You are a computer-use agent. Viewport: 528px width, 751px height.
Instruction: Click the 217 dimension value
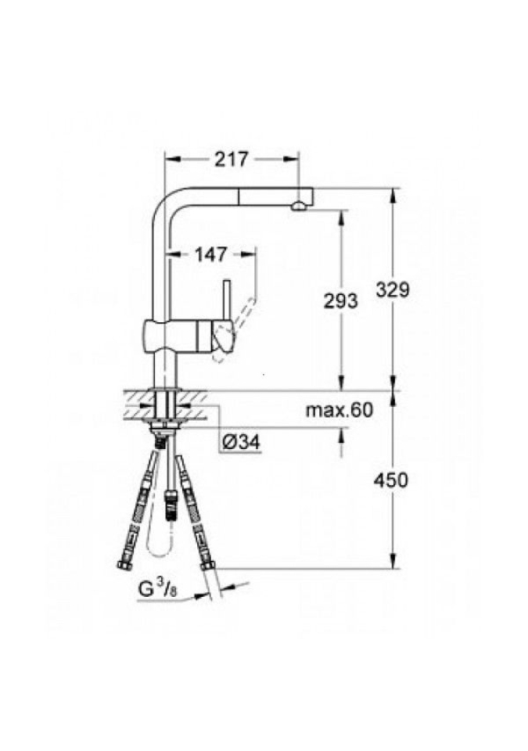coord(231,159)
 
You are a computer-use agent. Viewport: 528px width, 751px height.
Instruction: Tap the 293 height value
coord(341,300)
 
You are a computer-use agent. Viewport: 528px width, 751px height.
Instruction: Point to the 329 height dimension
coord(393,289)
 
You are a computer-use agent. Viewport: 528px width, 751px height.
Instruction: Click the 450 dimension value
coord(391,480)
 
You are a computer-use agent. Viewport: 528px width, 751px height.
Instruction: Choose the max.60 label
coord(339,410)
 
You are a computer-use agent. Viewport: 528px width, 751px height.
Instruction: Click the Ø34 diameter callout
coord(242,442)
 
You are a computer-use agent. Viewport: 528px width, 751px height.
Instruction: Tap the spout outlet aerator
coord(298,207)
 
